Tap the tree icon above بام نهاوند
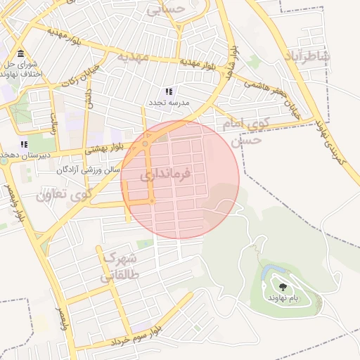click(283, 286)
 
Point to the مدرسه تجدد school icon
click(168, 91)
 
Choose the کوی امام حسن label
click(243, 131)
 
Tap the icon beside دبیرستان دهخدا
click(25, 144)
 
